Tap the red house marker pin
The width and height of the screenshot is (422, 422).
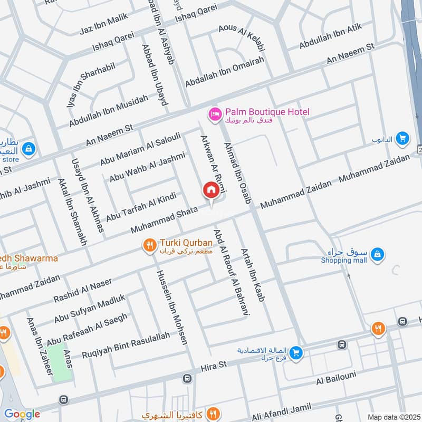(x=211, y=190)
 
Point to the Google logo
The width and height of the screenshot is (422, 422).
(x=22, y=414)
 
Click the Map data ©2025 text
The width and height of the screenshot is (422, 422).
(x=393, y=416)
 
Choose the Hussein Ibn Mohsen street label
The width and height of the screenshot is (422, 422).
(x=171, y=306)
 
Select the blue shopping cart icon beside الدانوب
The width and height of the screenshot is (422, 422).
(x=402, y=138)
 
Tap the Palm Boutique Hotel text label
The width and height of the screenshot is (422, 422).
(x=267, y=112)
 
